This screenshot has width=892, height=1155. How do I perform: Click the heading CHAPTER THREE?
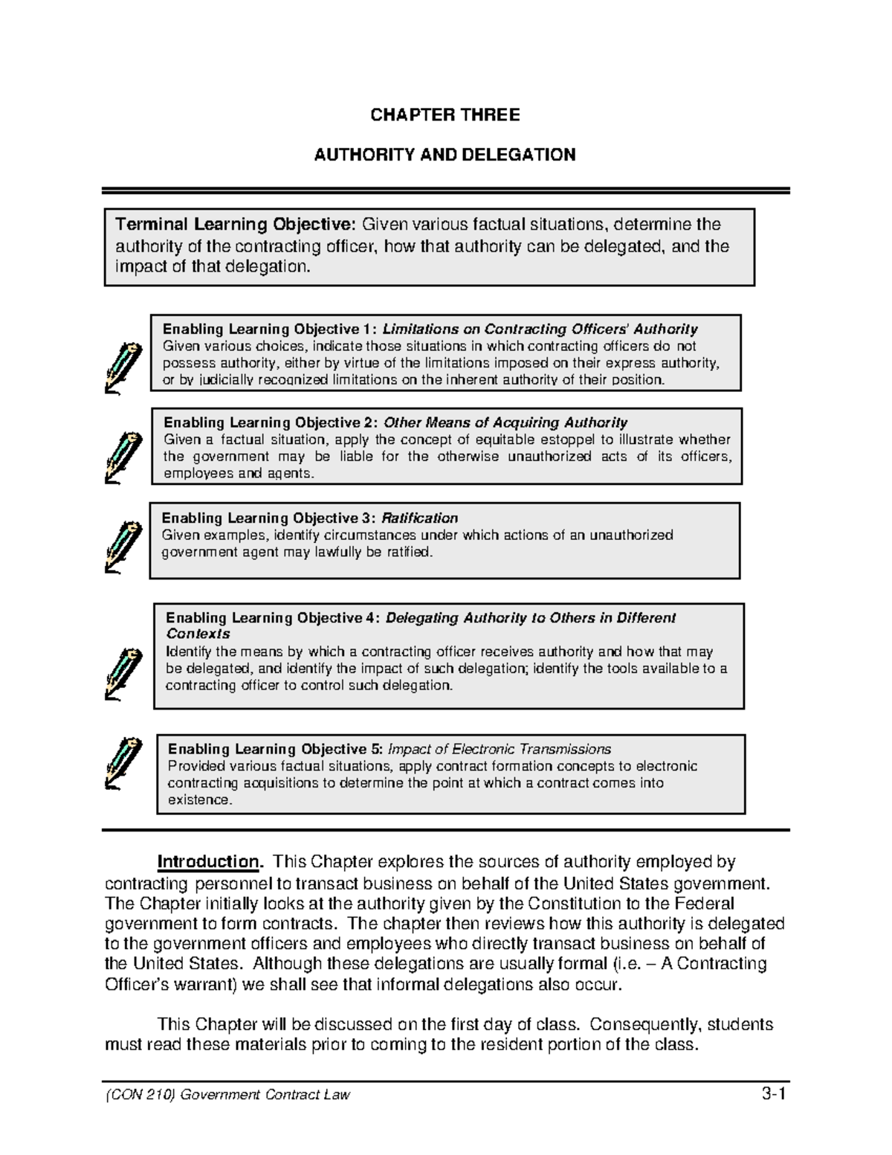click(x=445, y=115)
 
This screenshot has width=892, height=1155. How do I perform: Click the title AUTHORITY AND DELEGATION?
click(x=445, y=155)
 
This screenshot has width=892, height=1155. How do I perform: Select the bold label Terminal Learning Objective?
click(x=236, y=225)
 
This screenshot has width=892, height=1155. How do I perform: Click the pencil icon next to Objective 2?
click(x=123, y=457)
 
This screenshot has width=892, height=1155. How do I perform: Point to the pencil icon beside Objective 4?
click(x=123, y=673)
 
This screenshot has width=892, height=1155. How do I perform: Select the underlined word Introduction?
click(x=208, y=862)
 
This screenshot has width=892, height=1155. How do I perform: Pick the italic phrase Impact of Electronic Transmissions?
click(x=500, y=749)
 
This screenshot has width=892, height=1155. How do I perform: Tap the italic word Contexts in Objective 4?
click(x=198, y=634)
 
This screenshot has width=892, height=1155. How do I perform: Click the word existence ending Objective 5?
click(x=199, y=800)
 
